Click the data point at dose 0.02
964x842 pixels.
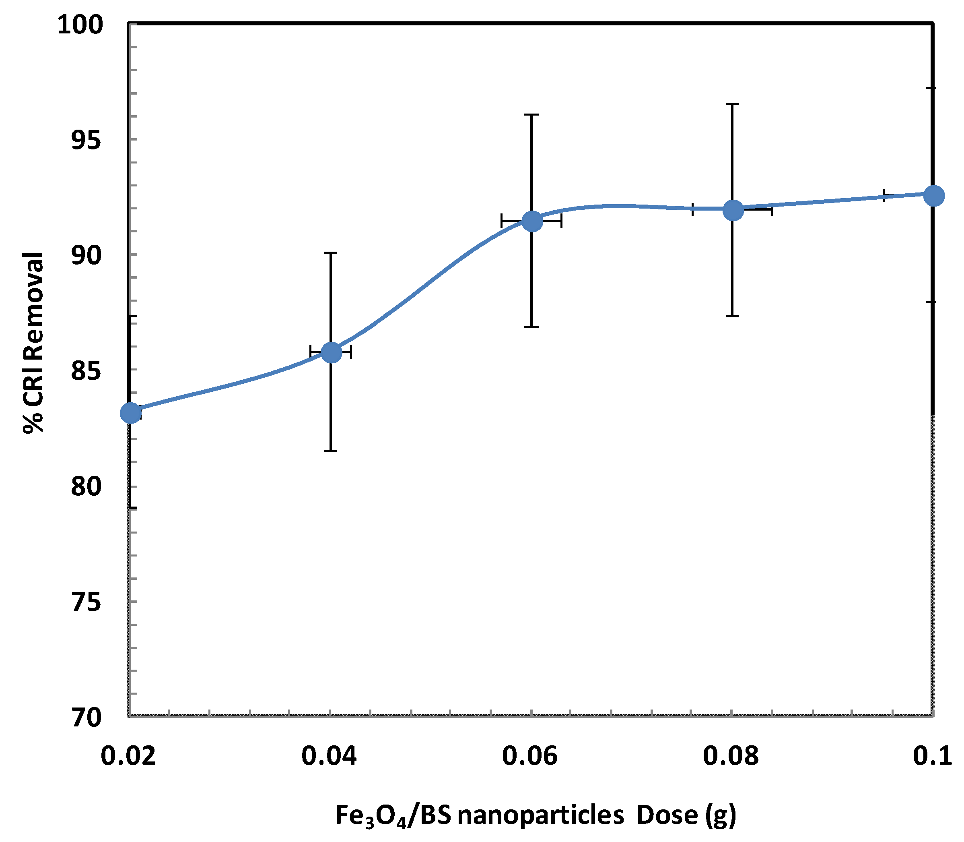[130, 414]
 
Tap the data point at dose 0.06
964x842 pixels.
[532, 221]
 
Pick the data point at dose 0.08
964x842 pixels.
[733, 210]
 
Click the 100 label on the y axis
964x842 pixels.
[79, 25]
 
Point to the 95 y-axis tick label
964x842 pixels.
[86, 140]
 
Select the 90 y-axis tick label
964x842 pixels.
[86, 255]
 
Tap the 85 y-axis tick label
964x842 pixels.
[86, 371]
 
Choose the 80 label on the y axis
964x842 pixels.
[86, 486]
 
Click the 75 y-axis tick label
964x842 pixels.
[86, 602]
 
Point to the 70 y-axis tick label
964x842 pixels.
[86, 717]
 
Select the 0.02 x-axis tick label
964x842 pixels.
[128, 757]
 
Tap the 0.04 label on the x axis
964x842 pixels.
[329, 757]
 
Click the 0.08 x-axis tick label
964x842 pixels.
[731, 757]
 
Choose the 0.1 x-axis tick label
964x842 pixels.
[932, 757]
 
